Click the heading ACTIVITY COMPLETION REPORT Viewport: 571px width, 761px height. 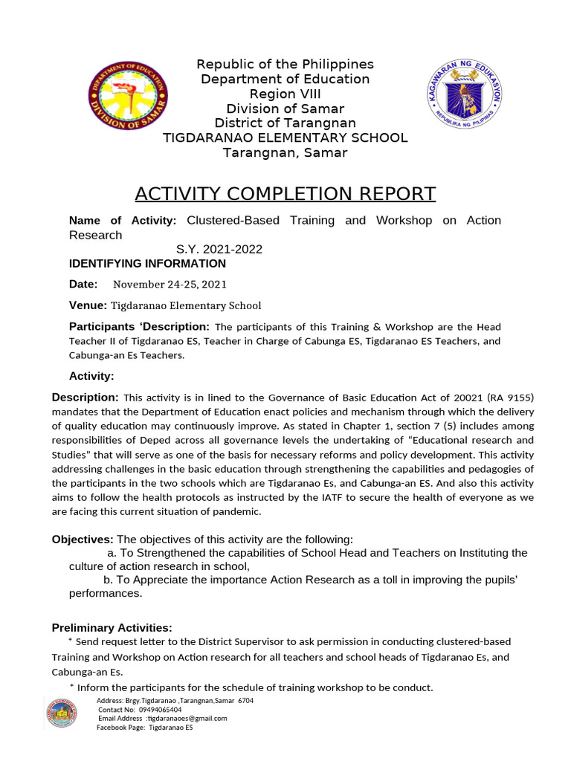click(285, 194)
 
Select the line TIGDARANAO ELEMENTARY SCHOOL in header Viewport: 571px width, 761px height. click(285, 137)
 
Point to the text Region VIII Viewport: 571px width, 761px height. click(285, 94)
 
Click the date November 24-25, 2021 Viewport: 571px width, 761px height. click(170, 284)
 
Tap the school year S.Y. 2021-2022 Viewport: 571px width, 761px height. click(219, 249)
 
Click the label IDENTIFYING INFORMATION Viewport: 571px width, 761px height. click(147, 264)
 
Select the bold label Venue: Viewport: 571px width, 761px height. click(88, 305)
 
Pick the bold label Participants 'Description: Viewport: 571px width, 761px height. click(139, 326)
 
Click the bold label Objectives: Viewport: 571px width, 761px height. click(82, 539)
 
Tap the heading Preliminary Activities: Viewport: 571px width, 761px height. click(112, 628)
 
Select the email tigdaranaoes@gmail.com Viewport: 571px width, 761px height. click(187, 718)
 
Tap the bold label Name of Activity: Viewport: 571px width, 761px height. click(122, 220)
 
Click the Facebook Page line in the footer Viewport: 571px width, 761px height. click(144, 727)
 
